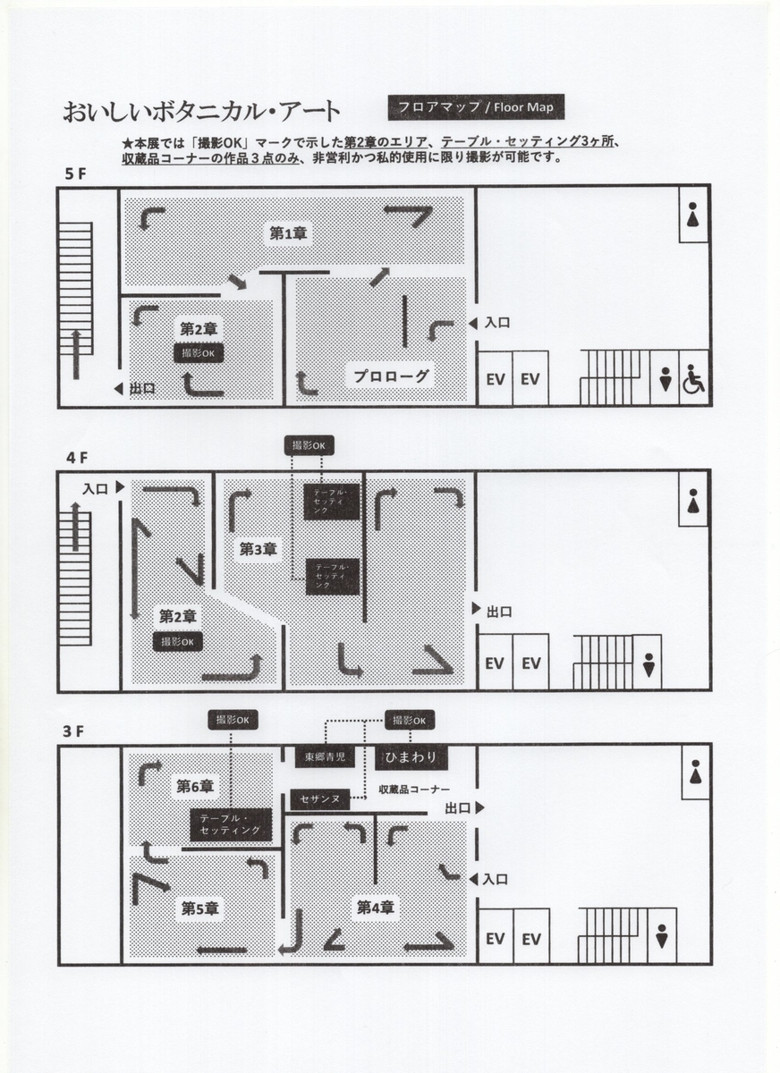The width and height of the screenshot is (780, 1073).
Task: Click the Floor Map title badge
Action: [x=476, y=106]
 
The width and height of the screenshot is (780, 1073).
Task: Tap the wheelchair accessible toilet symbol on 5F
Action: [x=694, y=379]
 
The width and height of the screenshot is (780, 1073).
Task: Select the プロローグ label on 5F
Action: [x=391, y=376]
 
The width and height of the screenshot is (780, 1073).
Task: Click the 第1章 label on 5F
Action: [x=288, y=233]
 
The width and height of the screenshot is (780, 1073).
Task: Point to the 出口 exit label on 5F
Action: [x=142, y=388]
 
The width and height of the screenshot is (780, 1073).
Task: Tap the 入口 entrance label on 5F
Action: [x=496, y=323]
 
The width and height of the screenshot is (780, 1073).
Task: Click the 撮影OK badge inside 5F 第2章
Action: [x=199, y=353]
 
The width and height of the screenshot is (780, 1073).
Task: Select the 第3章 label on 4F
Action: [x=259, y=549]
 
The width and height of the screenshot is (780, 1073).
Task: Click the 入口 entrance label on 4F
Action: [x=95, y=488]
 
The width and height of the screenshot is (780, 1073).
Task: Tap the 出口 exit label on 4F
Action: [x=499, y=612]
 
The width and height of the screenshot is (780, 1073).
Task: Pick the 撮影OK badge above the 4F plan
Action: [x=309, y=445]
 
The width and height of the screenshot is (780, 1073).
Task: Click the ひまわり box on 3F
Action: [x=411, y=756]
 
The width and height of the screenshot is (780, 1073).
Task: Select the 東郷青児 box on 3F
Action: [x=325, y=756]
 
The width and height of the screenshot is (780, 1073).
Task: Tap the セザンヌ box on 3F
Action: [x=319, y=799]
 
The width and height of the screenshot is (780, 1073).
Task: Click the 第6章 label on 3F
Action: [x=194, y=786]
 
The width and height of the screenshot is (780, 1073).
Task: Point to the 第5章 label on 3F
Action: [x=199, y=908]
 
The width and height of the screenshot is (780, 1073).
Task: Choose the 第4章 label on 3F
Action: [x=375, y=907]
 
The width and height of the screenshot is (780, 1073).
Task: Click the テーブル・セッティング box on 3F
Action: [x=231, y=824]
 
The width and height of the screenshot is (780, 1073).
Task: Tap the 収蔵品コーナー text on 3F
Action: [x=414, y=790]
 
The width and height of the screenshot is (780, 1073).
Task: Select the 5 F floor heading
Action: [x=75, y=173]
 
